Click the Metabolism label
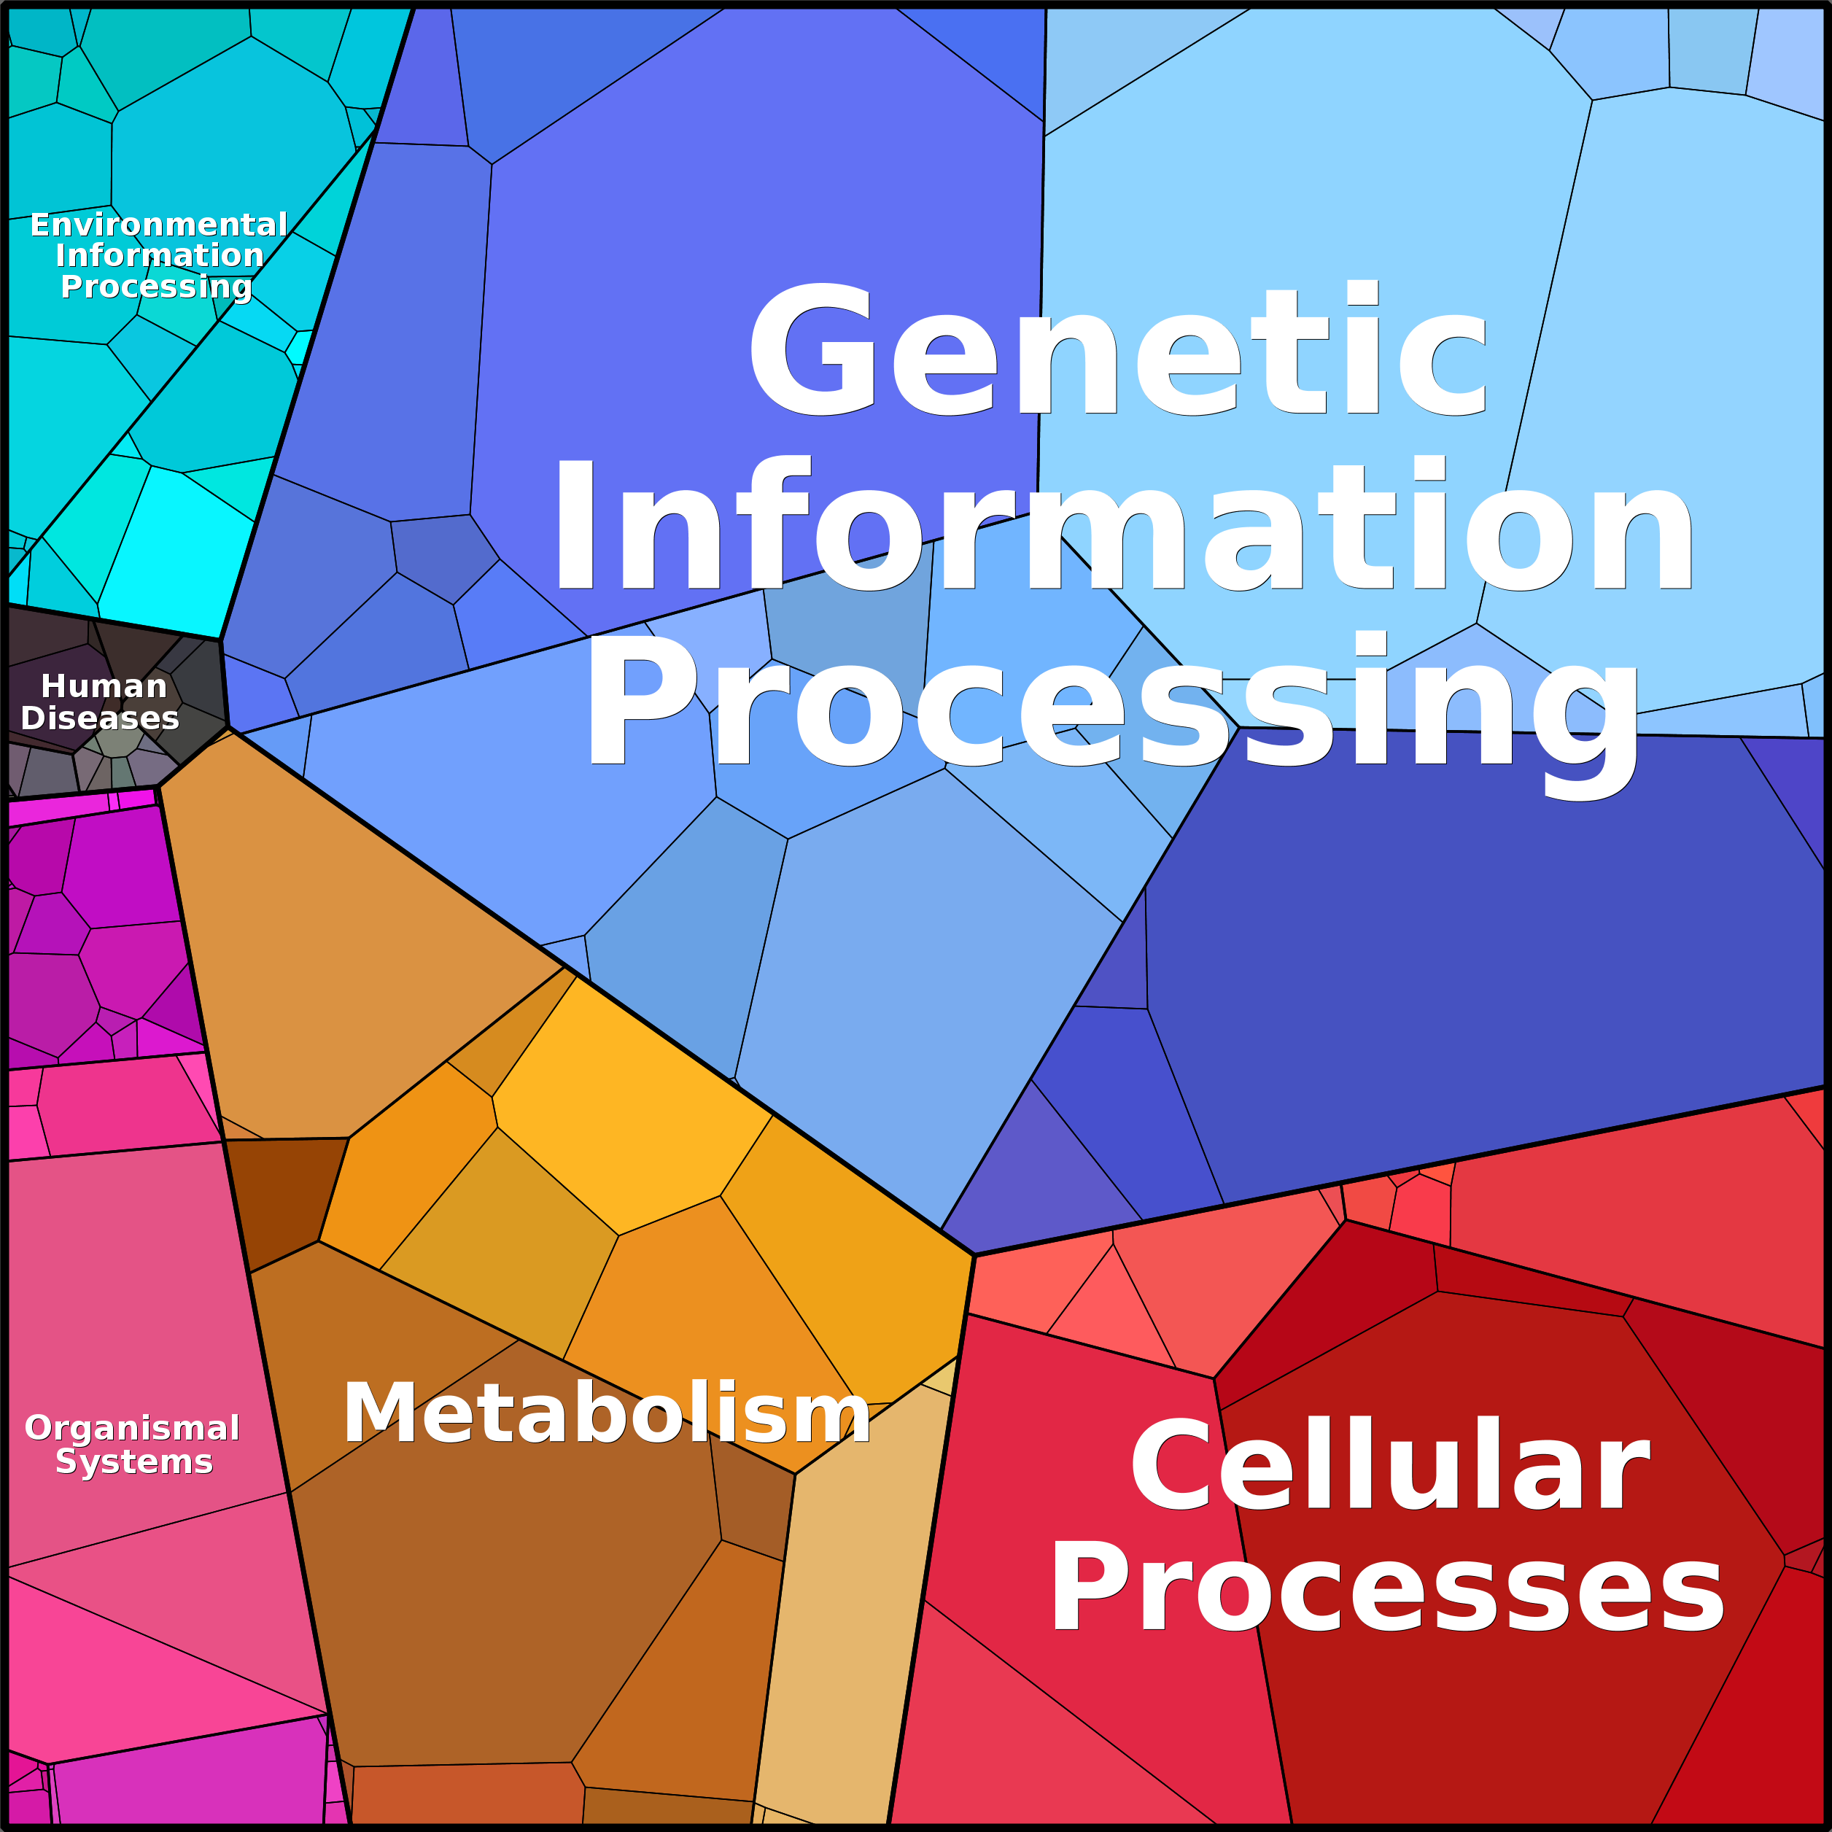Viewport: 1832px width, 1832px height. tap(607, 1413)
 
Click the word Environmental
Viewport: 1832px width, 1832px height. tap(158, 225)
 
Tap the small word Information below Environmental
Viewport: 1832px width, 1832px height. tap(159, 255)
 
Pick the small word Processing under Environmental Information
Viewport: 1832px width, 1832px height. tap(157, 287)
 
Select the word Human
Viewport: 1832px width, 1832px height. tap(104, 686)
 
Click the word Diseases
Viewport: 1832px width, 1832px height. tap(100, 718)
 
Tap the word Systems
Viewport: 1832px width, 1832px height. tap(133, 1462)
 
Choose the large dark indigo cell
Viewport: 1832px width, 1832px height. tap(1479, 958)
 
